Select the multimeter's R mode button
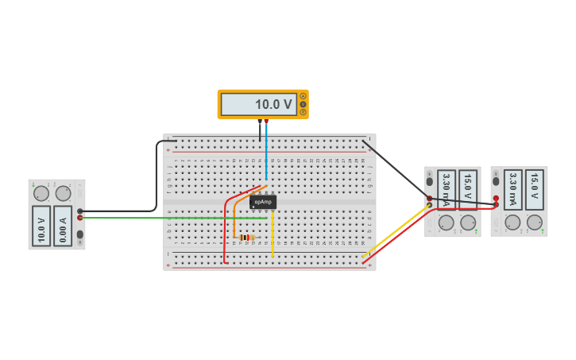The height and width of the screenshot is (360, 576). point(303,112)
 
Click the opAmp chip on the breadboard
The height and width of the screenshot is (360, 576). point(263,202)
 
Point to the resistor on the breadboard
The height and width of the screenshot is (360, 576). point(247,237)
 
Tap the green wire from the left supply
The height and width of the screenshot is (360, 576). point(159,218)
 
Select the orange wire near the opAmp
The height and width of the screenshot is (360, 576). point(236,210)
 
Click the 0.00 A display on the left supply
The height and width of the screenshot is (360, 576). point(63,226)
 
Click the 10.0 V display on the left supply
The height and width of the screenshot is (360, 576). point(41,226)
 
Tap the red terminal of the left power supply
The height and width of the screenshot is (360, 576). point(79,218)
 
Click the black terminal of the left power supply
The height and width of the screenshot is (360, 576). point(79,211)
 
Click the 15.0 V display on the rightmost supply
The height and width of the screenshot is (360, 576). point(534,186)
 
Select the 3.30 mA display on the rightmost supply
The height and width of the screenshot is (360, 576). point(513,189)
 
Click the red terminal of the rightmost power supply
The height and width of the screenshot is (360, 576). point(496,198)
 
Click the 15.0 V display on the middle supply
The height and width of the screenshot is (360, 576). point(468,186)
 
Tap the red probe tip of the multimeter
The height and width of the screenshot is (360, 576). point(266,122)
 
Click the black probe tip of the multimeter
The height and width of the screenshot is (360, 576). point(259,122)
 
